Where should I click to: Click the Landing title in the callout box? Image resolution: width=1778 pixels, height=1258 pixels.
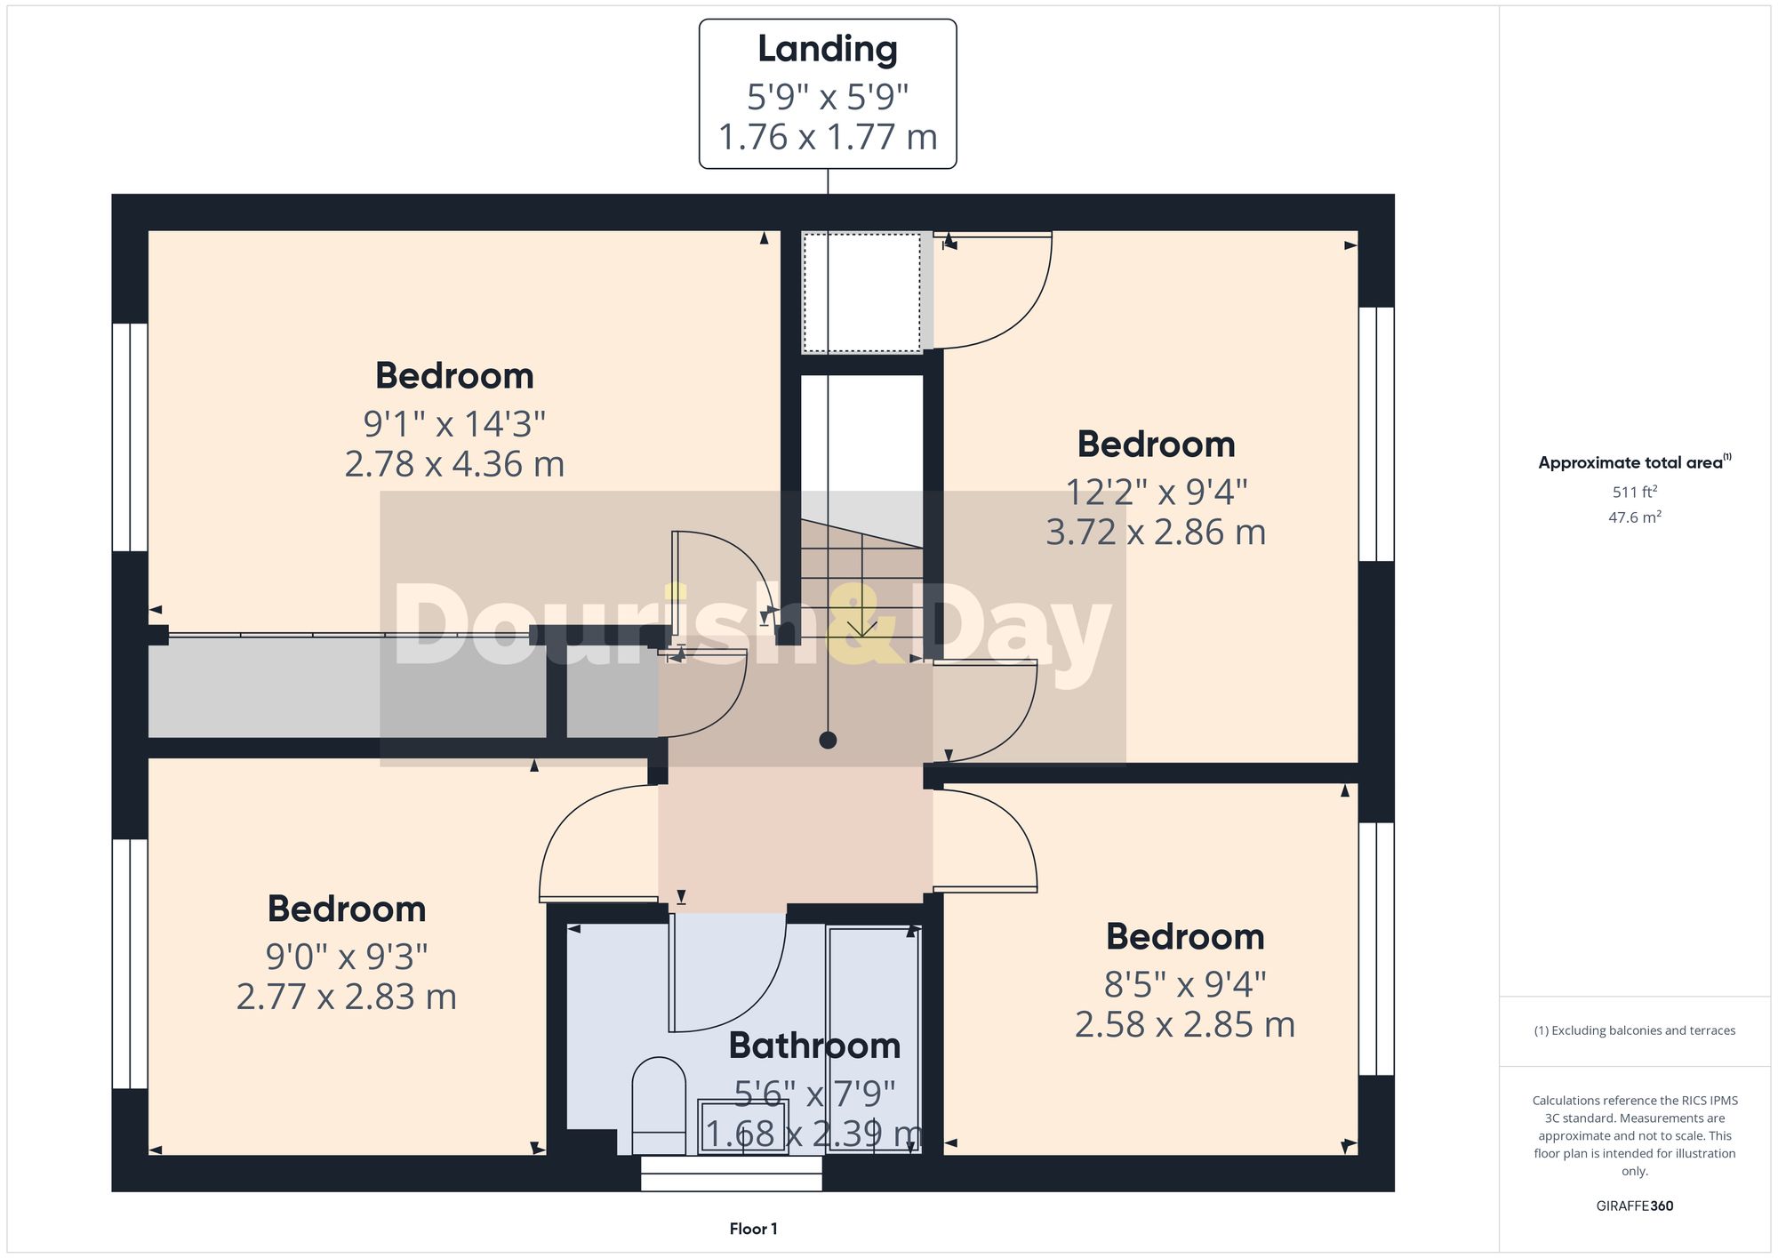(827, 50)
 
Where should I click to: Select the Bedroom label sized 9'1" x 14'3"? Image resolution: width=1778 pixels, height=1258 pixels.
(454, 376)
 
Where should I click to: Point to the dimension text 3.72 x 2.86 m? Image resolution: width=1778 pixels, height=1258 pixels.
(1156, 533)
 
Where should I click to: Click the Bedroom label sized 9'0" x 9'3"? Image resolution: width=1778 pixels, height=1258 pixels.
(347, 909)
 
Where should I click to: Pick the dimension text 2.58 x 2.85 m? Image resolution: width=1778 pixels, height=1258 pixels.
(1184, 1025)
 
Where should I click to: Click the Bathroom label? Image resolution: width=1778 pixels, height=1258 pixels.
(814, 1046)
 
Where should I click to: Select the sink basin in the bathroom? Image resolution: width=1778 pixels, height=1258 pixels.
(743, 1126)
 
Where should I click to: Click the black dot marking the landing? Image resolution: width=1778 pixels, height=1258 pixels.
(828, 740)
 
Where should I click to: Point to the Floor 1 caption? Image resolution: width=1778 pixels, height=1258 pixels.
(753, 1229)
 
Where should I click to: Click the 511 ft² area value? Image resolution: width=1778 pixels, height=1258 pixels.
(1634, 492)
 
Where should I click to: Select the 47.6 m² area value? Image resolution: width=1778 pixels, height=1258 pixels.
(1634, 517)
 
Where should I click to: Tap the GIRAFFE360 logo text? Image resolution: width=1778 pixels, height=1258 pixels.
(1634, 1206)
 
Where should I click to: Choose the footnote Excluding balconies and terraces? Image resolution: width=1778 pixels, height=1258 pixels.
(1634, 1030)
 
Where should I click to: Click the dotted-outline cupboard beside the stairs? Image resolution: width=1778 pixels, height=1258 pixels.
(861, 292)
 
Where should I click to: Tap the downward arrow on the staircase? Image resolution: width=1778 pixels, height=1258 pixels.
(861, 627)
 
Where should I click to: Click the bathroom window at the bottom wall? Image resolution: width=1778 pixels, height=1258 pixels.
(731, 1173)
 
